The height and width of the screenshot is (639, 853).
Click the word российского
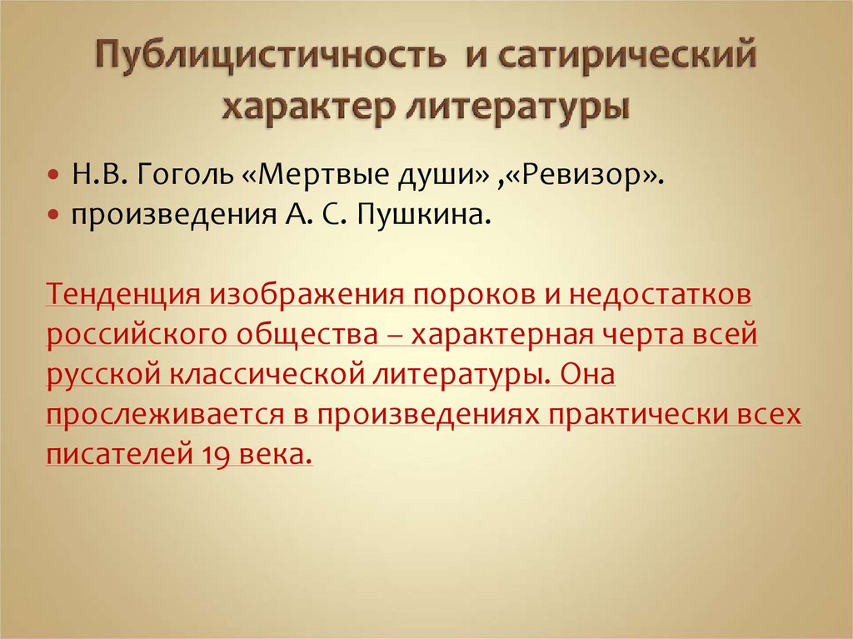(x=137, y=336)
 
